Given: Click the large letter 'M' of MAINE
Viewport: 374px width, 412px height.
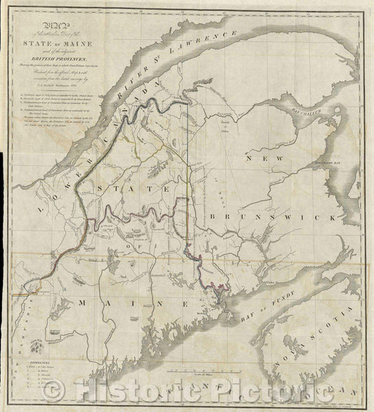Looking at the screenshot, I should [82, 302].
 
